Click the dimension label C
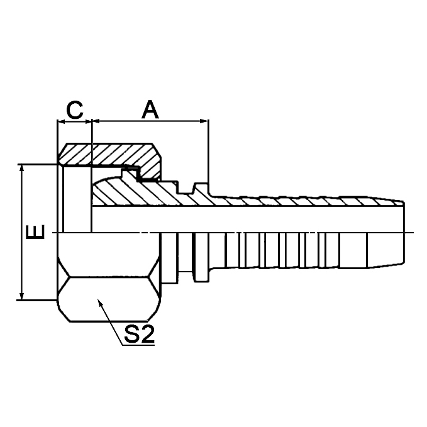[75, 109]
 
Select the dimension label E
[36, 232]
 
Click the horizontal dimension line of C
[75, 121]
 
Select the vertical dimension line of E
[23, 232]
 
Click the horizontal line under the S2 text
[138, 345]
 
